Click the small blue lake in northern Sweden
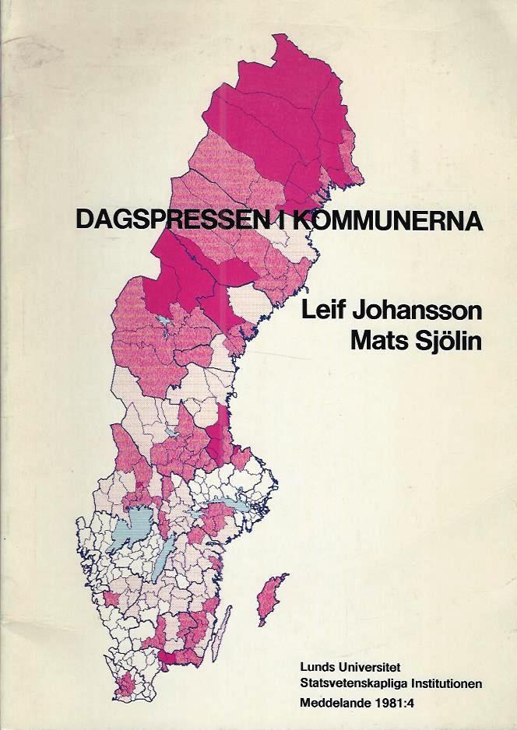(x=165, y=321)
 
